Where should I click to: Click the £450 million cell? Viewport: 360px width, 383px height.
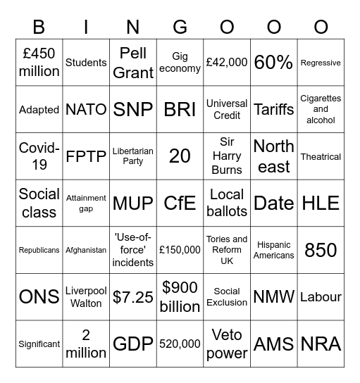(39, 63)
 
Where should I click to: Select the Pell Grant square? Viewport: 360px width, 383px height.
(133, 63)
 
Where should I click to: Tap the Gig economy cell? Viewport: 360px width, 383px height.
(180, 63)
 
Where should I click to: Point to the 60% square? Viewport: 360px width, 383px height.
(273, 63)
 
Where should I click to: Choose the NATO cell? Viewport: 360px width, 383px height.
(86, 109)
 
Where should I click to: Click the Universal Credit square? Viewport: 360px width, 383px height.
(227, 109)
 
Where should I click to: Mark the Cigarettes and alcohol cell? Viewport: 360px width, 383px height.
(321, 109)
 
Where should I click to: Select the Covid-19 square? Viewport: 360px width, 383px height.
(39, 156)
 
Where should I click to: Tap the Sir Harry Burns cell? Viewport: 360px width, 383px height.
(227, 156)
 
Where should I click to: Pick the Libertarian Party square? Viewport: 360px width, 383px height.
(133, 156)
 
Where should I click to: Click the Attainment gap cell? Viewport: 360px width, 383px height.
(86, 203)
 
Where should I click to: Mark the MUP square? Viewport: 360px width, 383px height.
(133, 203)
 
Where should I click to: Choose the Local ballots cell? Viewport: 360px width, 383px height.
(227, 203)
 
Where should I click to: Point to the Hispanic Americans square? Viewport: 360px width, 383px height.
(273, 250)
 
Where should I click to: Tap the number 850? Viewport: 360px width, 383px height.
(321, 250)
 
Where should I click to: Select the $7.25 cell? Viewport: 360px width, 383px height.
(133, 296)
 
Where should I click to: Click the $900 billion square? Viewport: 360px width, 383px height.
(180, 296)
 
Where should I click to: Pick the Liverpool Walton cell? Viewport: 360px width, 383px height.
(86, 296)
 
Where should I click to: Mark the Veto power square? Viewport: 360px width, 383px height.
(227, 344)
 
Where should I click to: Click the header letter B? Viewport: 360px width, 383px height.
(39, 27)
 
